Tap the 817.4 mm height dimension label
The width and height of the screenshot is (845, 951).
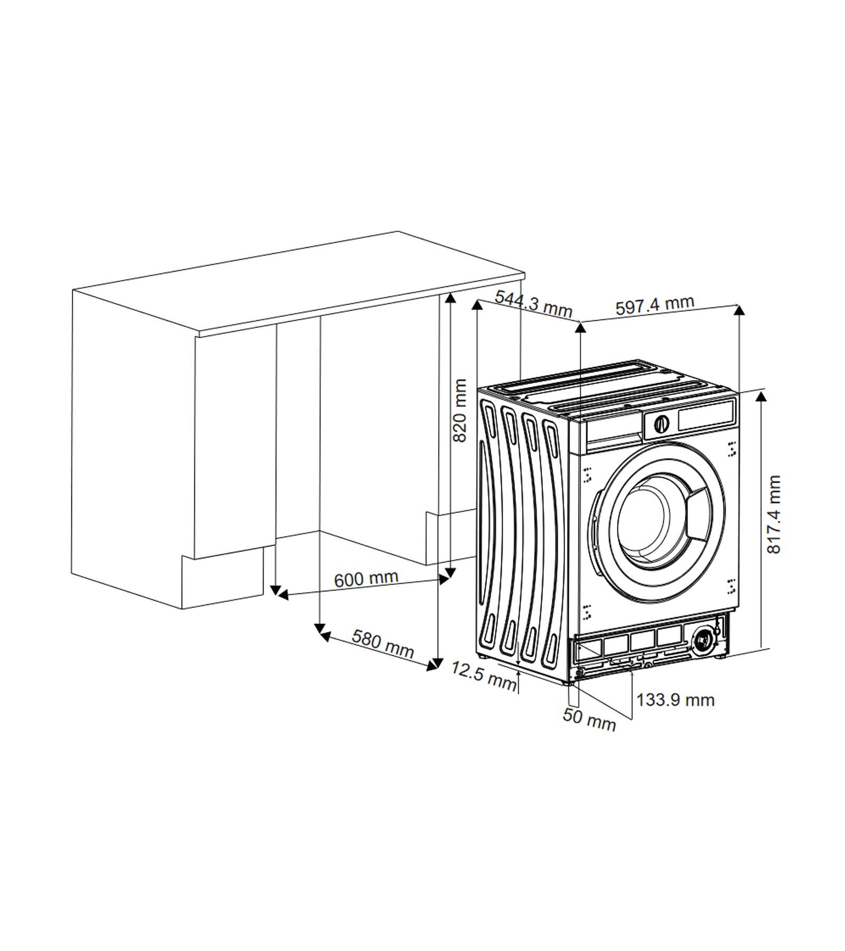[774, 514]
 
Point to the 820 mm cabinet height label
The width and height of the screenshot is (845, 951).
[460, 411]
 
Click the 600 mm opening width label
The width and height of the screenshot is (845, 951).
[366, 579]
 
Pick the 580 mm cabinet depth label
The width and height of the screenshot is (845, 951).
[383, 643]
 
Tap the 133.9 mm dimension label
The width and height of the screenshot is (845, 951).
[675, 700]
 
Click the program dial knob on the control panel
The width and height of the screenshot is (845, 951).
[661, 423]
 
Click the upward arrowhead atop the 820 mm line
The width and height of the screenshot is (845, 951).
[450, 300]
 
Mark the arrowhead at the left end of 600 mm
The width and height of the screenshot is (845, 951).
[283, 595]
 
